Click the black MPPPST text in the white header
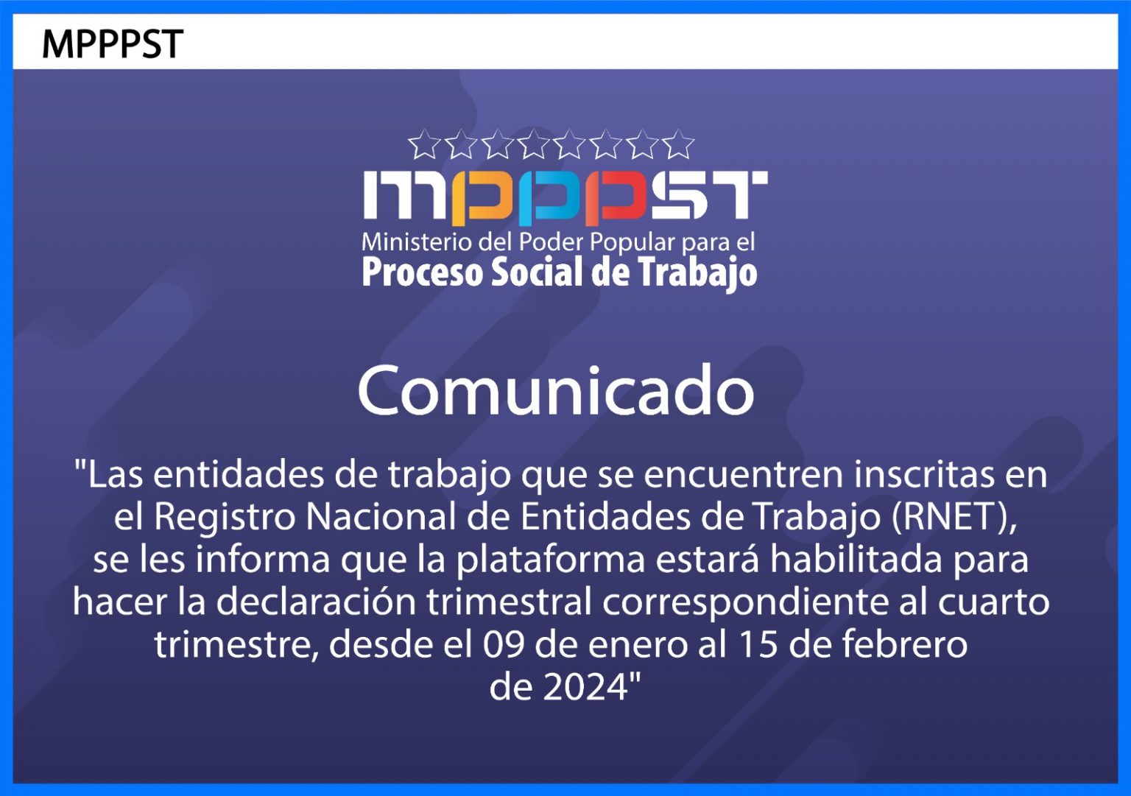pos(113,44)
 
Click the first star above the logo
pos(423,144)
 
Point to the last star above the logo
pos(678,144)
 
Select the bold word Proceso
pos(422,272)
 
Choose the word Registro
pos(225,518)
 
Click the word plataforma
pos(551,561)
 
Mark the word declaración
pos(316,602)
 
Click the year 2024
pos(585,688)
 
